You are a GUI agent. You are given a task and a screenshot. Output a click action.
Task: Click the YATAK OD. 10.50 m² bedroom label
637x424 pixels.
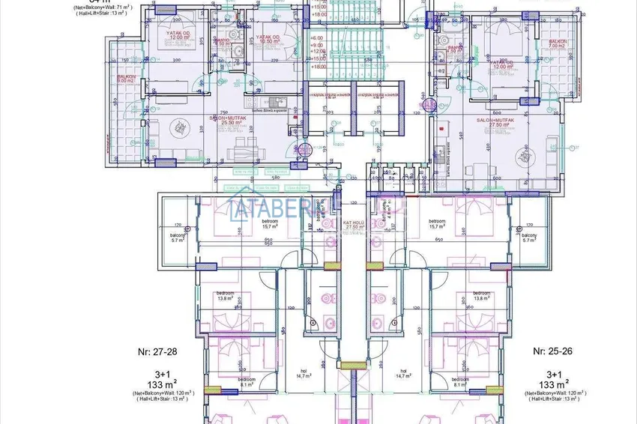(x=268, y=39)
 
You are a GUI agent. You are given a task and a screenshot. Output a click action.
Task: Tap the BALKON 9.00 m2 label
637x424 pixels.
(x=124, y=79)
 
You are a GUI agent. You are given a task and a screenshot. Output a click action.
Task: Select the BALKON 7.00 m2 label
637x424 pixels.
(x=557, y=44)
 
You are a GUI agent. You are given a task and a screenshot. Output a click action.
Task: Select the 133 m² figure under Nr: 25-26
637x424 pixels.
(x=553, y=385)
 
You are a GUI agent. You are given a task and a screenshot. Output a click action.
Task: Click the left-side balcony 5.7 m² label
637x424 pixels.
(x=177, y=237)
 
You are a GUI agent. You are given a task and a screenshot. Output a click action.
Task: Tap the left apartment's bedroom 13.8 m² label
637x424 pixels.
(x=225, y=296)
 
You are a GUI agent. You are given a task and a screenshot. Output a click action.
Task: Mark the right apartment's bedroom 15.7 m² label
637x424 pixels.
(x=438, y=224)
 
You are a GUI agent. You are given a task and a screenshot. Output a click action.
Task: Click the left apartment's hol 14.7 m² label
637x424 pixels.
(x=304, y=373)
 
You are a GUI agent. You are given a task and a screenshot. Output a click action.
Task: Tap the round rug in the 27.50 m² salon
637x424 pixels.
(x=522, y=158)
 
